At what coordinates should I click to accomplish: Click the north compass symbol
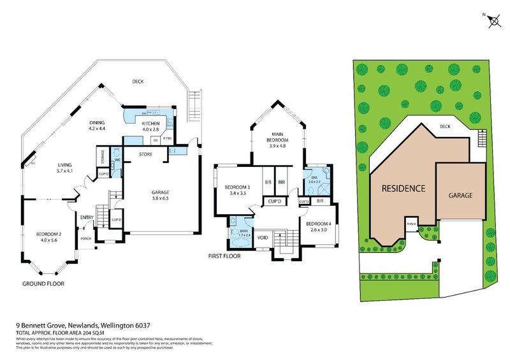pos(493,22)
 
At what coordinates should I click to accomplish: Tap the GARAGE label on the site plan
pos(460,196)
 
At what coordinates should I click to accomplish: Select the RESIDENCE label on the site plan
pos(403,189)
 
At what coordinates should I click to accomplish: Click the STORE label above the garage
pos(145,154)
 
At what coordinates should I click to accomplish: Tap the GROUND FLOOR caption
pos(43,284)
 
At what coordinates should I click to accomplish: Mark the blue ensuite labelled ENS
pos(314,182)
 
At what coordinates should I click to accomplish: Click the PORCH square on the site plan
pos(412,224)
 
